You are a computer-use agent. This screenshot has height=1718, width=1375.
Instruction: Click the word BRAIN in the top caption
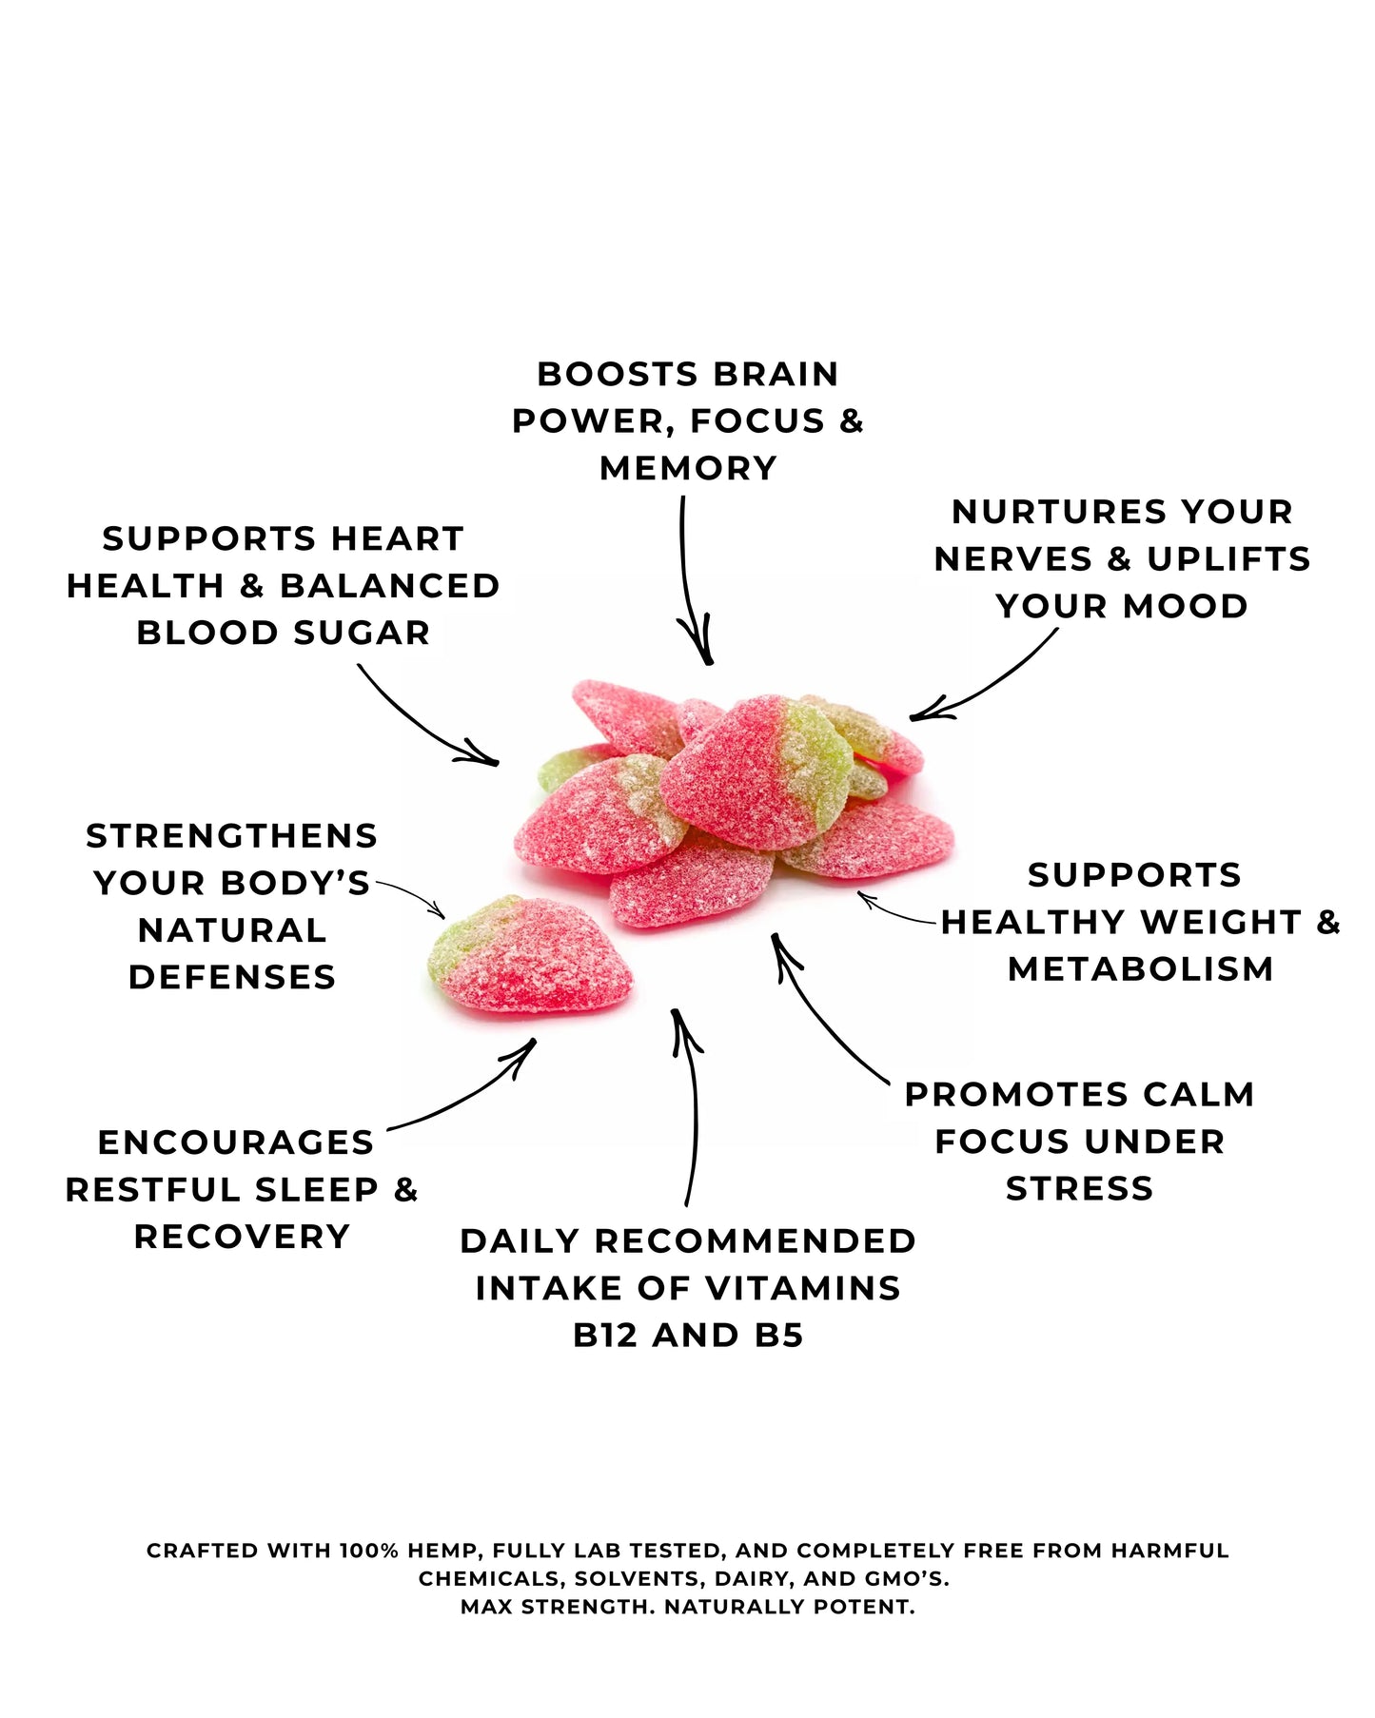(776, 375)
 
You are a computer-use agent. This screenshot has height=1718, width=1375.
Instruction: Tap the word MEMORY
(688, 468)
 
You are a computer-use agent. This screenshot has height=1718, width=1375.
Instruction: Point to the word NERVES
(1013, 559)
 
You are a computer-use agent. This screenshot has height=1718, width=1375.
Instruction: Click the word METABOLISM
(1140, 969)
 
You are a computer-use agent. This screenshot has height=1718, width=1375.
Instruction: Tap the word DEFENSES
(232, 977)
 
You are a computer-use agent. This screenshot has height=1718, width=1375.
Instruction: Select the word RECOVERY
(242, 1237)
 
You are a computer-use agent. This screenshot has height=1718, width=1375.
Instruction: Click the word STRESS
(1079, 1188)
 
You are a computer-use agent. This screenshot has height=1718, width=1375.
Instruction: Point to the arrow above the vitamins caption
(689, 1103)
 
